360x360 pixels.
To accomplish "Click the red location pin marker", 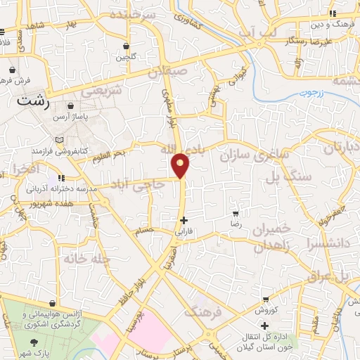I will coord(181,165).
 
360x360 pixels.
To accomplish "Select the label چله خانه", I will coord(87,258).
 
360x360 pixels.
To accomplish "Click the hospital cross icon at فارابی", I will coord(184,220).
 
